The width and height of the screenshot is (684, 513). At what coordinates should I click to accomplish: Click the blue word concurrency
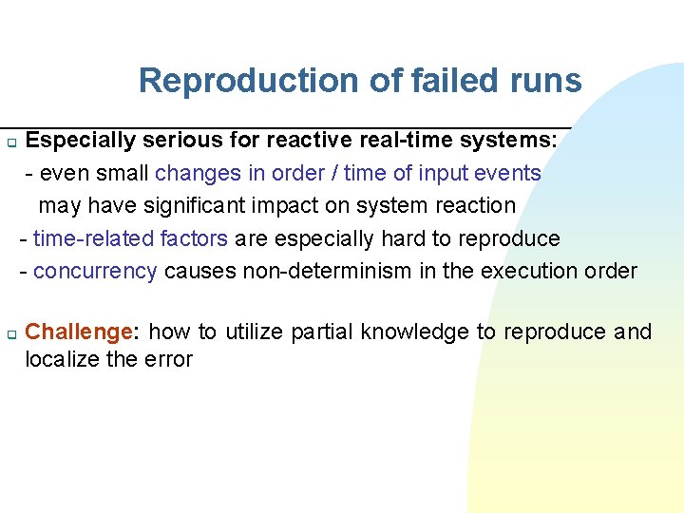[x=95, y=271]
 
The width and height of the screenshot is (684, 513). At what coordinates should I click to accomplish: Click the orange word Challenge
[x=79, y=332]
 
